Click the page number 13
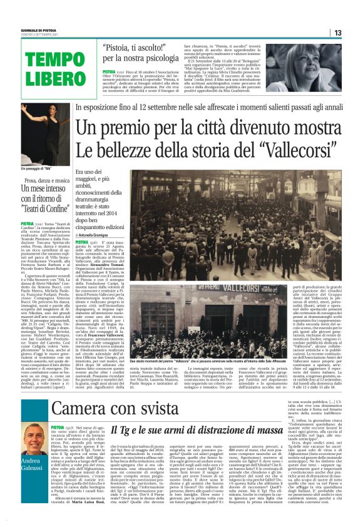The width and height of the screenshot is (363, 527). (354, 33)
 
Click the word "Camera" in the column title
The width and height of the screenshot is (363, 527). (84, 408)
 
